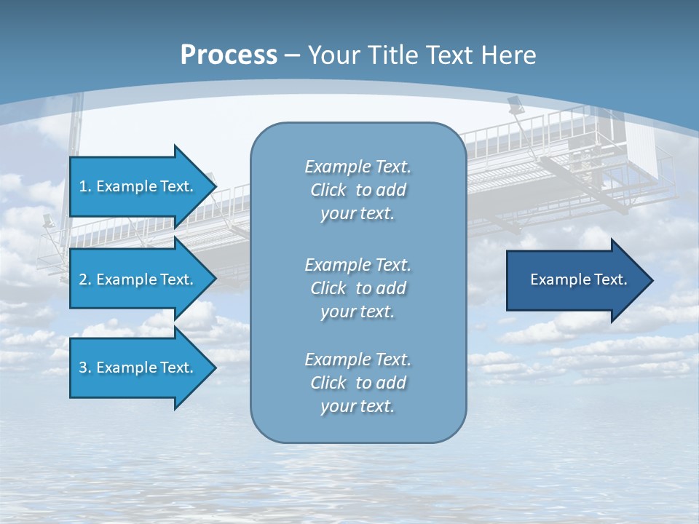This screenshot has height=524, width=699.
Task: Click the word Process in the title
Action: [x=229, y=55]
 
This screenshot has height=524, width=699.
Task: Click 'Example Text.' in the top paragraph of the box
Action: [x=358, y=167]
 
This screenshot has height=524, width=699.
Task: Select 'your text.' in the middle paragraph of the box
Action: [x=358, y=311]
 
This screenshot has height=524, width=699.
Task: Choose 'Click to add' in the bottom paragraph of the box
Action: [x=358, y=383]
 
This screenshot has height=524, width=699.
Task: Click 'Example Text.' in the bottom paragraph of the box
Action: [x=358, y=360]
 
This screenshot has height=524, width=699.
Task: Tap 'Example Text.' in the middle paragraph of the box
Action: [x=358, y=265]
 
